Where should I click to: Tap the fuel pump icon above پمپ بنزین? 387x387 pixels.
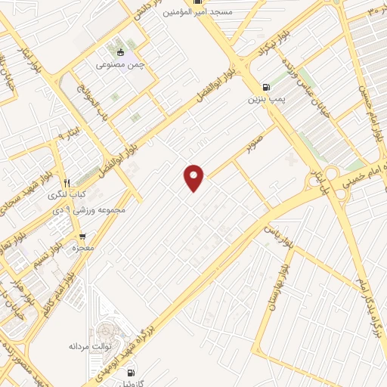pos(264,87)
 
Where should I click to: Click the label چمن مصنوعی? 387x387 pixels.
pos(120,65)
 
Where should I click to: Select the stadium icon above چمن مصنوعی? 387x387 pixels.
pos(120,51)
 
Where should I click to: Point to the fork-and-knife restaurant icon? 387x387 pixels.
pos(67,183)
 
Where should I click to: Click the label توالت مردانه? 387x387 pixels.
pos(91,345)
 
